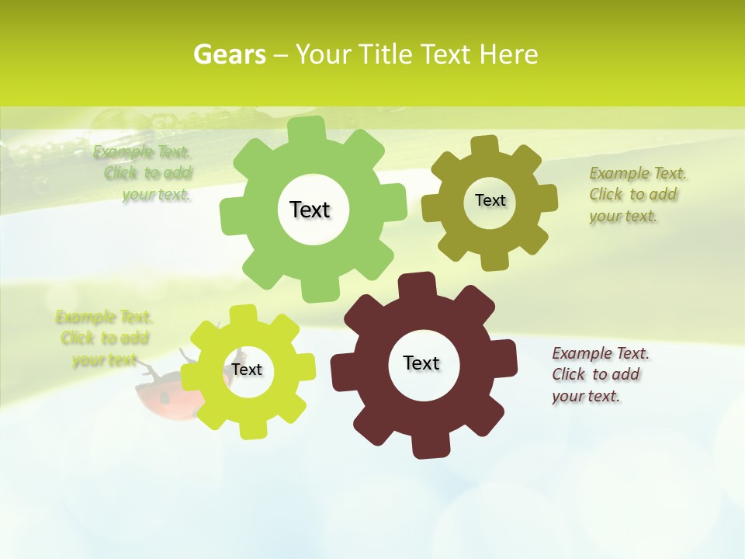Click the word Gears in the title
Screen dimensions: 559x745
pyautogui.click(x=229, y=55)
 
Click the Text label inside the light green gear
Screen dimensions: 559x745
pyautogui.click(x=310, y=210)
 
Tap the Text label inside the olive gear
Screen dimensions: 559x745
pyautogui.click(x=490, y=200)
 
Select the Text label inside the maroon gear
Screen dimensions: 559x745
pyautogui.click(x=421, y=363)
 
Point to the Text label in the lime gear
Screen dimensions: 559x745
pyautogui.click(x=247, y=370)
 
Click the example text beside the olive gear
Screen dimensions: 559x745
pyautogui.click(x=636, y=194)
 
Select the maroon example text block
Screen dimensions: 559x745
pyautogui.click(x=599, y=374)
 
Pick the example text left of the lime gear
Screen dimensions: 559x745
pyautogui.click(x=103, y=338)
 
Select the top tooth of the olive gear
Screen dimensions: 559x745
pyautogui.click(x=484, y=146)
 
